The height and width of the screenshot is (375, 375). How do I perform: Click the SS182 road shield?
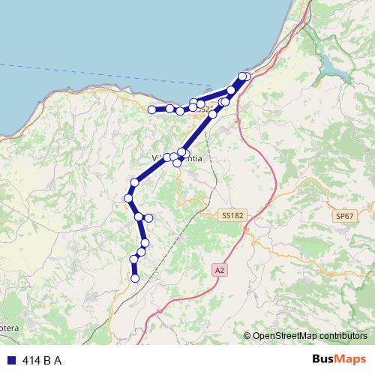pos(233,215)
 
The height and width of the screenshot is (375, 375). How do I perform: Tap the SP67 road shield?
pos(344,216)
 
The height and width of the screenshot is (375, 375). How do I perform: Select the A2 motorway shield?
pos(219,269)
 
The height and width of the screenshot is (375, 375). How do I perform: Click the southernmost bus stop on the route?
pos(135,278)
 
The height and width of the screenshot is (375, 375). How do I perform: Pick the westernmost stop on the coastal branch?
pos(151,109)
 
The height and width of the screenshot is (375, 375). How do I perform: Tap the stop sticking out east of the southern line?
pos(148,217)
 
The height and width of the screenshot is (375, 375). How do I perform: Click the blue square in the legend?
pos(10,360)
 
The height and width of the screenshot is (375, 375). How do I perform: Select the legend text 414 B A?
pos(42,360)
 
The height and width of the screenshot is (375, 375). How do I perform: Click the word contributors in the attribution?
pos(342,337)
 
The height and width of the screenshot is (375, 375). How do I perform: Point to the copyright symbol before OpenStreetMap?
pos(247,337)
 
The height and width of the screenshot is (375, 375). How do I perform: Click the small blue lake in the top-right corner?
pos(333,66)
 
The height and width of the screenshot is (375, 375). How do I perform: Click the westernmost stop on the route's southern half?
pos(128,198)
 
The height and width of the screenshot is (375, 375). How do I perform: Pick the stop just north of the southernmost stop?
pos(134,259)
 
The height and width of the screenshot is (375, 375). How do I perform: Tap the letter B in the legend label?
pos(47,360)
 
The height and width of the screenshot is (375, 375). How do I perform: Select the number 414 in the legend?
pos(31,360)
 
